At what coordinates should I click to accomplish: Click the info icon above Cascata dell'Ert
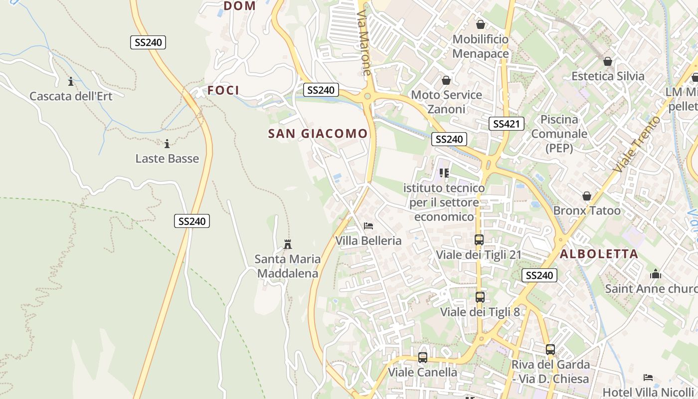point(71,81)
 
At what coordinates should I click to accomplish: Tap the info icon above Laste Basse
point(167,144)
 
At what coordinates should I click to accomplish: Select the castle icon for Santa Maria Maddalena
point(287,244)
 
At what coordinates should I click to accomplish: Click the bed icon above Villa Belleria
point(368,226)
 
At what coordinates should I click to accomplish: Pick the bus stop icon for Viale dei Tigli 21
point(479,240)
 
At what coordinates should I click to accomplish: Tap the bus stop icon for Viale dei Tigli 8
point(480,297)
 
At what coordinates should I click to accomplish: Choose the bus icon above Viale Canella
point(422,358)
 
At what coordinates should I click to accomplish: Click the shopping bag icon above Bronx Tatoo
point(587,196)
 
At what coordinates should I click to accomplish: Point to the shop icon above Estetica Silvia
point(607,61)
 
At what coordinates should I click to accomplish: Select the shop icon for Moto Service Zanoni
point(446,80)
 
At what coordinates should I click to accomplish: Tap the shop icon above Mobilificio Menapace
point(481,24)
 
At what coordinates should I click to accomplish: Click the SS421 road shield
point(506,124)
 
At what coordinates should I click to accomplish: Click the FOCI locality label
point(223,90)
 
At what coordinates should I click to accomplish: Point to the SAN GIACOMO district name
point(318,134)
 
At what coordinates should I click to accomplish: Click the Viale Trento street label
point(637,145)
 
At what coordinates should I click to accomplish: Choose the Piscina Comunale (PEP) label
point(559,134)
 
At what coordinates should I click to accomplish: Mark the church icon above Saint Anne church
point(656,274)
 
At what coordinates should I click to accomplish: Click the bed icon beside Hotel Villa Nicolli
point(648,377)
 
